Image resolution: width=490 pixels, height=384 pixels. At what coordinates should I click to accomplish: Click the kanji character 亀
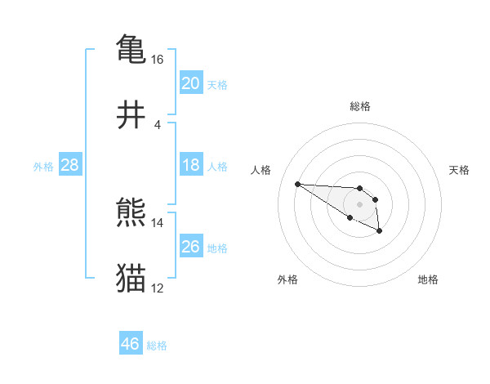(x=131, y=49)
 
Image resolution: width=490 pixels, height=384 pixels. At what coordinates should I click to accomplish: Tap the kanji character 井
(x=131, y=114)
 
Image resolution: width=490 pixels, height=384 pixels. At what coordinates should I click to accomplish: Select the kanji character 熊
(x=131, y=212)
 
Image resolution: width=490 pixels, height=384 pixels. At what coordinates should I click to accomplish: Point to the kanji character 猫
(x=131, y=278)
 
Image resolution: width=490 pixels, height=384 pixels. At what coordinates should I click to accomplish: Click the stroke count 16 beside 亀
(x=158, y=60)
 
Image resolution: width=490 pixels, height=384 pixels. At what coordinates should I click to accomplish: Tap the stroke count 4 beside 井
(x=158, y=125)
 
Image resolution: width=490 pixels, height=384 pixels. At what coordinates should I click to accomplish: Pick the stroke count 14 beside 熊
(x=158, y=222)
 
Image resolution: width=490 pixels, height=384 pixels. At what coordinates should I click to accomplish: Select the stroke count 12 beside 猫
(x=158, y=288)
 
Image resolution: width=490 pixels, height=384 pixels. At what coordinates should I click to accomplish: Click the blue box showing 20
(x=190, y=83)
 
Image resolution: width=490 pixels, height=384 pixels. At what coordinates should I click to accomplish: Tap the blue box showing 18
(x=190, y=165)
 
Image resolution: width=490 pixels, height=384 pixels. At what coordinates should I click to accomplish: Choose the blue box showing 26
(x=190, y=247)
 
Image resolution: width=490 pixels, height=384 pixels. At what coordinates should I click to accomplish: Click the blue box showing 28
(x=69, y=165)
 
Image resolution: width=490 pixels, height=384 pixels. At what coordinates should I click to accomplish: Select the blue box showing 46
(x=130, y=344)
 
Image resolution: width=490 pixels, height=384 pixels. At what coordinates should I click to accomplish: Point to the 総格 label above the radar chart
(x=359, y=106)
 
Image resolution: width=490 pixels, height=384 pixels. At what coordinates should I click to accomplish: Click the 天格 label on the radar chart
(x=459, y=170)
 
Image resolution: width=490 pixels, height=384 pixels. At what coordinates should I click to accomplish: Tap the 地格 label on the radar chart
(x=428, y=279)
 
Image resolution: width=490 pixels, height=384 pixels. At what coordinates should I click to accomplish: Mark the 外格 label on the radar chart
(x=287, y=279)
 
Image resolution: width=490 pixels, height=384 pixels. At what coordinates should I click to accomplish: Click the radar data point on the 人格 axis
(x=297, y=184)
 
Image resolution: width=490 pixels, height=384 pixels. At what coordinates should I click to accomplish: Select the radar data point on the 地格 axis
(x=380, y=232)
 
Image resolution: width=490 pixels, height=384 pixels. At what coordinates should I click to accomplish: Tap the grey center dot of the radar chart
(x=359, y=203)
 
